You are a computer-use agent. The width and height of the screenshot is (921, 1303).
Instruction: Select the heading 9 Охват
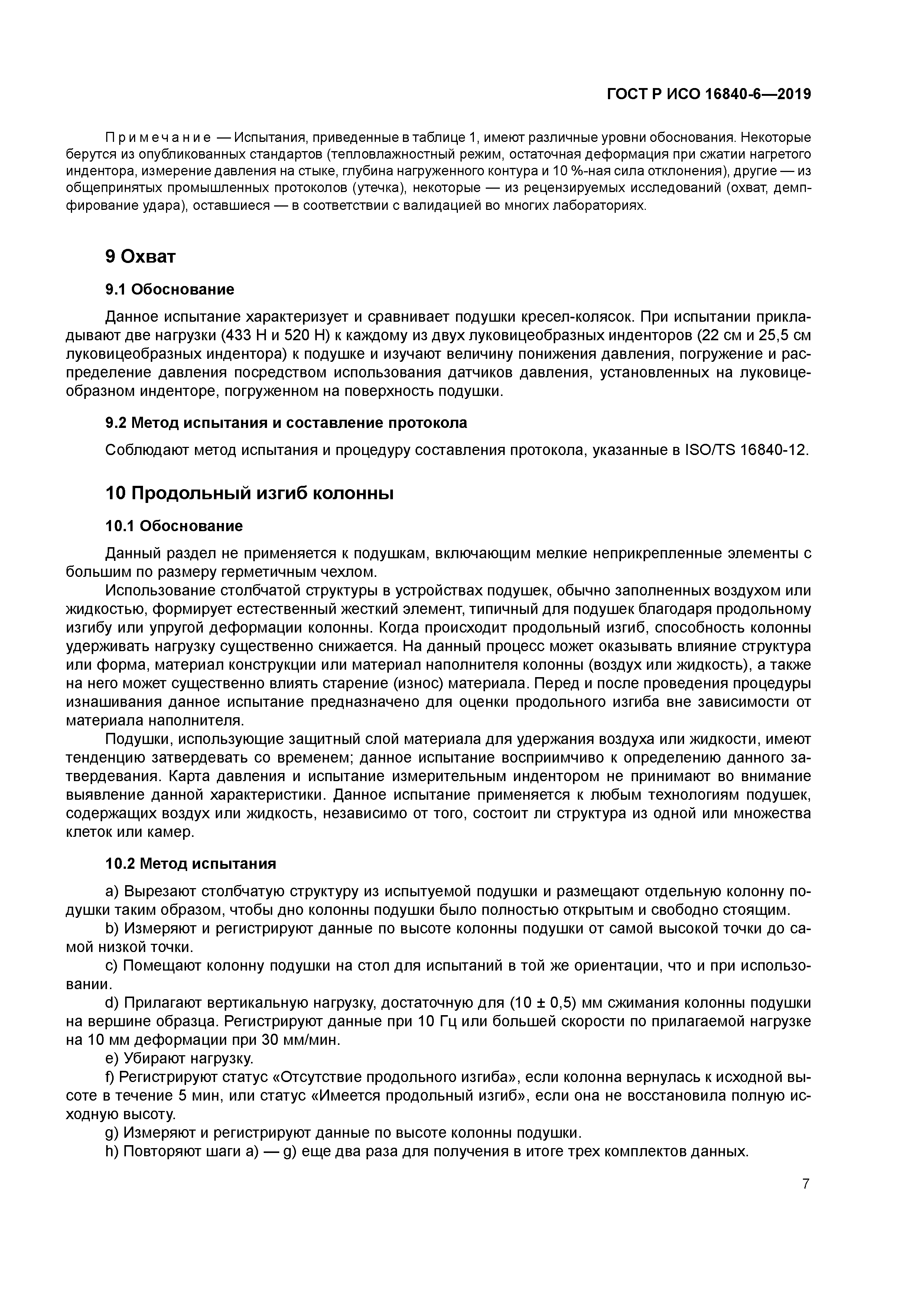tap(140, 257)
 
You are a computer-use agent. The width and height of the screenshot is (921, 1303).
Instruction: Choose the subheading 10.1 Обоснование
tap(174, 526)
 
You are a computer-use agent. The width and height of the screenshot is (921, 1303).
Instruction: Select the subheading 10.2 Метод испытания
tap(191, 864)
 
